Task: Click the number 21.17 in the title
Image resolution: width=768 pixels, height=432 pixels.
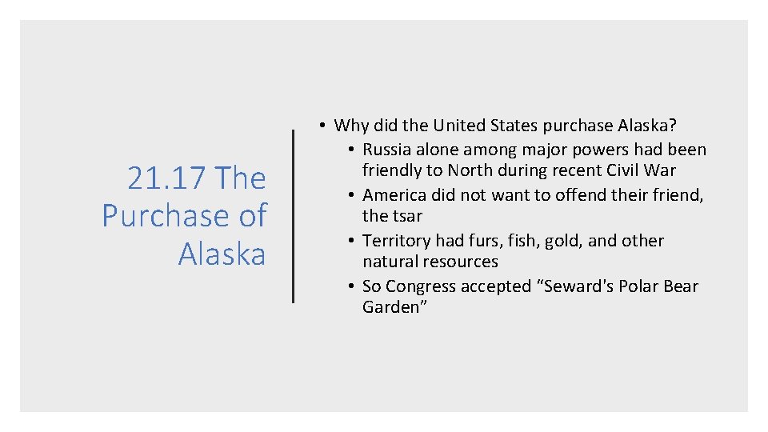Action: coord(166,178)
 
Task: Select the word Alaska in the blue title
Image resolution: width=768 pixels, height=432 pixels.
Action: coord(222,254)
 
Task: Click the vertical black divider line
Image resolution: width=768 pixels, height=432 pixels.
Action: coord(293,216)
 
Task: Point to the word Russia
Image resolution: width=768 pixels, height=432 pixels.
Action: coord(389,150)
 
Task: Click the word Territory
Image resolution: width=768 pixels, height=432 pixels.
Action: coord(396,241)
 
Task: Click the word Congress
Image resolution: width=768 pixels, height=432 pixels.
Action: coord(422,286)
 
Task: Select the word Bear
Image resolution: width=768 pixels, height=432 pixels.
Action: coord(680,286)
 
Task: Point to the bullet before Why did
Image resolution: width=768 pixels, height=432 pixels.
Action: coord(319,126)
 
